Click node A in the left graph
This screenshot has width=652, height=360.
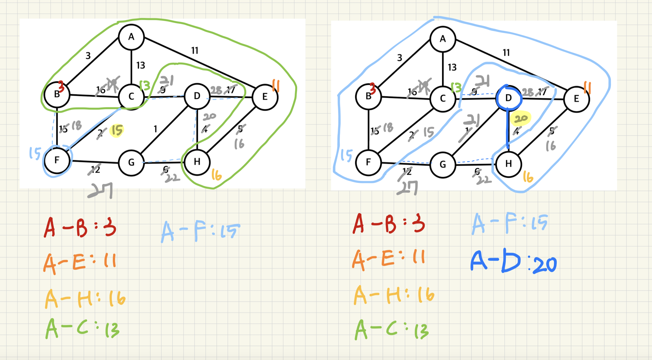[131, 37]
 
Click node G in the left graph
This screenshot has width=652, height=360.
[131, 162]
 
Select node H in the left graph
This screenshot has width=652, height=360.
[197, 162]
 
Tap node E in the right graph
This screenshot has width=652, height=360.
[576, 99]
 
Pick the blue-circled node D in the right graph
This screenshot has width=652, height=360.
[508, 98]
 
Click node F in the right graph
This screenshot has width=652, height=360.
[368, 162]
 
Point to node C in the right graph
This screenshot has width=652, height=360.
[443, 99]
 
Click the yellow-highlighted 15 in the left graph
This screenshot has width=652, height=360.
[117, 130]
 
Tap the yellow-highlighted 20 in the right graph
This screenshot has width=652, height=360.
[521, 119]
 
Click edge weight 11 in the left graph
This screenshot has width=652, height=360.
[195, 51]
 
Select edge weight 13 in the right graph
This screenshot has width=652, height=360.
[452, 67]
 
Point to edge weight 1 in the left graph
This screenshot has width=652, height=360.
[155, 129]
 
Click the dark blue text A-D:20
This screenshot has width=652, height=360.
[513, 262]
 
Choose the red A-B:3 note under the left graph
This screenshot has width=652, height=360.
[80, 227]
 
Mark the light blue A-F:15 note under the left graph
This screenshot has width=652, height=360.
[200, 231]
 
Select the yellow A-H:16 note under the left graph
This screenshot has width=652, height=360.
[85, 298]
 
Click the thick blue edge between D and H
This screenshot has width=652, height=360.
[508, 130]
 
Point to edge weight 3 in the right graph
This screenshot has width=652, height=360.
[400, 58]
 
